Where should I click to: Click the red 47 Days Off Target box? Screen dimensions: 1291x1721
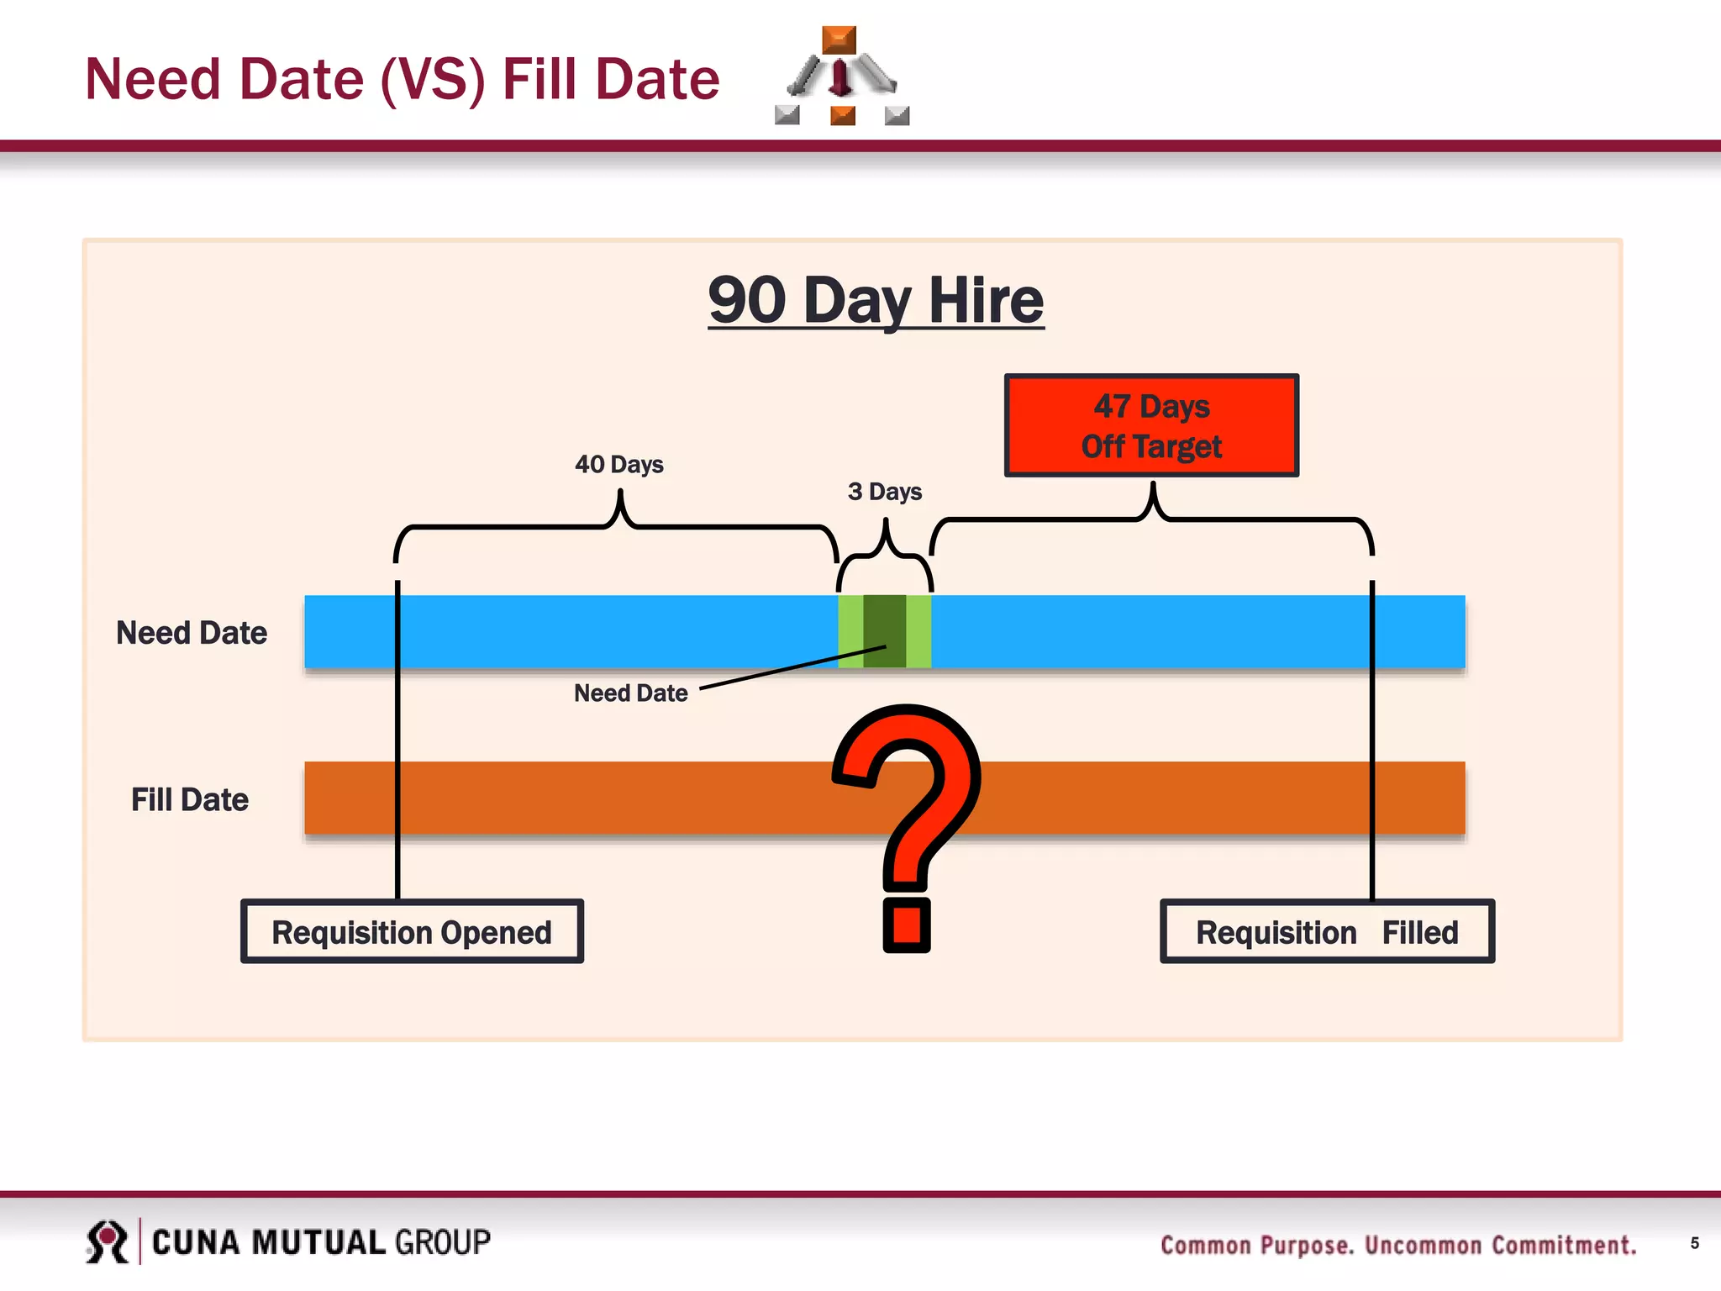[1151, 425]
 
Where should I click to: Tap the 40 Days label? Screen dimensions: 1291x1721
[619, 464]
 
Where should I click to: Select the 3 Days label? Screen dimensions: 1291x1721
[884, 492]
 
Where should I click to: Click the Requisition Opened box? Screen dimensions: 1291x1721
[412, 931]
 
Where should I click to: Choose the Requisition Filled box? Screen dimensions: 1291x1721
[1327, 931]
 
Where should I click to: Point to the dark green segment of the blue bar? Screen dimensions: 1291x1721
[884, 630]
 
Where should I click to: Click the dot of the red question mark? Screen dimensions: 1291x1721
[907, 925]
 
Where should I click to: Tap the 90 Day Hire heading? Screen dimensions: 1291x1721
[876, 300]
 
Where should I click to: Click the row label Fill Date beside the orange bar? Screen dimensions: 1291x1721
[190, 799]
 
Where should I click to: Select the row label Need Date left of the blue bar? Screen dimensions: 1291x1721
[192, 633]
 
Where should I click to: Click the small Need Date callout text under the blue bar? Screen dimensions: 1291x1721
[630, 693]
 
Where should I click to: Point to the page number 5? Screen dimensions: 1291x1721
[1694, 1243]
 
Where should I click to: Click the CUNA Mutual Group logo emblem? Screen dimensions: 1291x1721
[107, 1241]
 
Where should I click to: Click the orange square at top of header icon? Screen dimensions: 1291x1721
[839, 40]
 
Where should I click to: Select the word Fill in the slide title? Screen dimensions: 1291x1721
[540, 79]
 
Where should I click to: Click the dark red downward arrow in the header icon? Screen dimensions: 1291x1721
[840, 78]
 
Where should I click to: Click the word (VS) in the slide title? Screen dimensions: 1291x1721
[433, 79]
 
